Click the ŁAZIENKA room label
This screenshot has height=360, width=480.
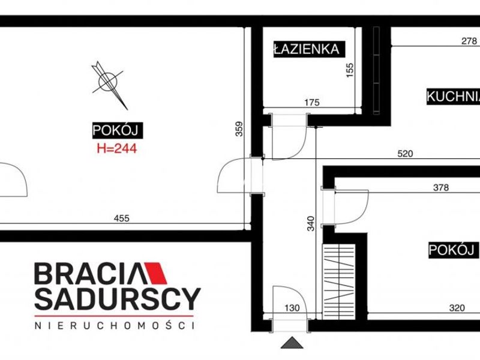pyautogui.click(x=309, y=49)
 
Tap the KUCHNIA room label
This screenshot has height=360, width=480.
pyautogui.click(x=454, y=97)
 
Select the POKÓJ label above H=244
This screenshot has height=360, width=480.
pyautogui.click(x=118, y=130)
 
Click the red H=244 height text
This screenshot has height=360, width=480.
pyautogui.click(x=116, y=149)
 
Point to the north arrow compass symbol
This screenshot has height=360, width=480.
pyautogui.click(x=109, y=85)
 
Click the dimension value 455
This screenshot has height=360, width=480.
pyautogui.click(x=122, y=218)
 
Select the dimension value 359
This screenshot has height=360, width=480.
pyautogui.click(x=239, y=129)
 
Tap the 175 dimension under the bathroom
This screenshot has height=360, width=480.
pyautogui.click(x=312, y=102)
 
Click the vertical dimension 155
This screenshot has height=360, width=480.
pyautogui.click(x=350, y=70)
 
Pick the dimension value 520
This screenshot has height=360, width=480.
pyautogui.click(x=405, y=154)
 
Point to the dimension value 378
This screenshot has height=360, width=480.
pyautogui.click(x=441, y=187)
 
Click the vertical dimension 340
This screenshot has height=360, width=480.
pyautogui.click(x=311, y=223)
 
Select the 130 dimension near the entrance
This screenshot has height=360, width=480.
pyautogui.click(x=292, y=308)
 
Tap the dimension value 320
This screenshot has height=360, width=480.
pyautogui.click(x=457, y=308)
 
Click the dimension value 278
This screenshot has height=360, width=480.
pyautogui.click(x=469, y=41)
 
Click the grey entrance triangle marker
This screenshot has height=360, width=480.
pyautogui.click(x=292, y=343)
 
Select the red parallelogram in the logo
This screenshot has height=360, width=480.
pyautogui.click(x=156, y=273)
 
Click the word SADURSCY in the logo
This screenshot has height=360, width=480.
pyautogui.click(x=118, y=299)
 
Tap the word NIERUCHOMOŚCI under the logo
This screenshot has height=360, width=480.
pyautogui.click(x=115, y=325)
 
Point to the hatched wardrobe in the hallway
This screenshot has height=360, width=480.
pyautogui.click(x=338, y=281)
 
